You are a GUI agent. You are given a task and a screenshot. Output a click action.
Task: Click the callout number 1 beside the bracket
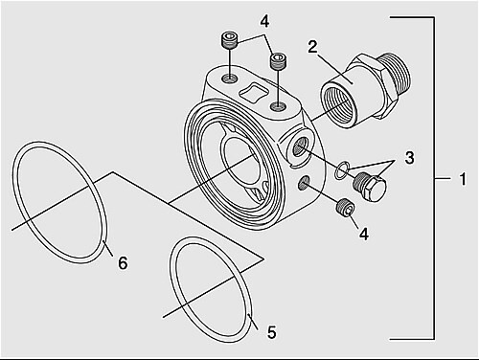point(463,179)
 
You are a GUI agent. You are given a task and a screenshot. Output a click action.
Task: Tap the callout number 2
point(312,47)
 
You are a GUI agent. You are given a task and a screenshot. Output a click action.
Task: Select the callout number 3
point(409,158)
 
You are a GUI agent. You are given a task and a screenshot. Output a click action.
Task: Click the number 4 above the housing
point(264,21)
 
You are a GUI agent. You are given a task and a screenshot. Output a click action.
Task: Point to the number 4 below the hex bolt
point(364,234)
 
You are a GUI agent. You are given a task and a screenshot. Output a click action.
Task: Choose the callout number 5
point(271,332)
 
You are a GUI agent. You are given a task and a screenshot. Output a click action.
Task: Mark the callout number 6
point(123,263)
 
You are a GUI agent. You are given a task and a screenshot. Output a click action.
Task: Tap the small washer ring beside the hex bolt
point(342,170)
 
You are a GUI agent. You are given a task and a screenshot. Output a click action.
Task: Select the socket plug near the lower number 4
point(346,208)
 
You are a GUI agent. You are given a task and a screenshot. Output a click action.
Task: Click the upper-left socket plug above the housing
point(229,40)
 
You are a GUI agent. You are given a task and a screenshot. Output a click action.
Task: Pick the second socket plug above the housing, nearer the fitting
point(279,60)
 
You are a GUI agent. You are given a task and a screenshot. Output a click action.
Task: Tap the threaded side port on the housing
point(300,147)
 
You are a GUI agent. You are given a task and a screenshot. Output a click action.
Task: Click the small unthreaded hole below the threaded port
point(303,183)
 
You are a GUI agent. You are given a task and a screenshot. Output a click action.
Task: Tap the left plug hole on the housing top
point(230,78)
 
